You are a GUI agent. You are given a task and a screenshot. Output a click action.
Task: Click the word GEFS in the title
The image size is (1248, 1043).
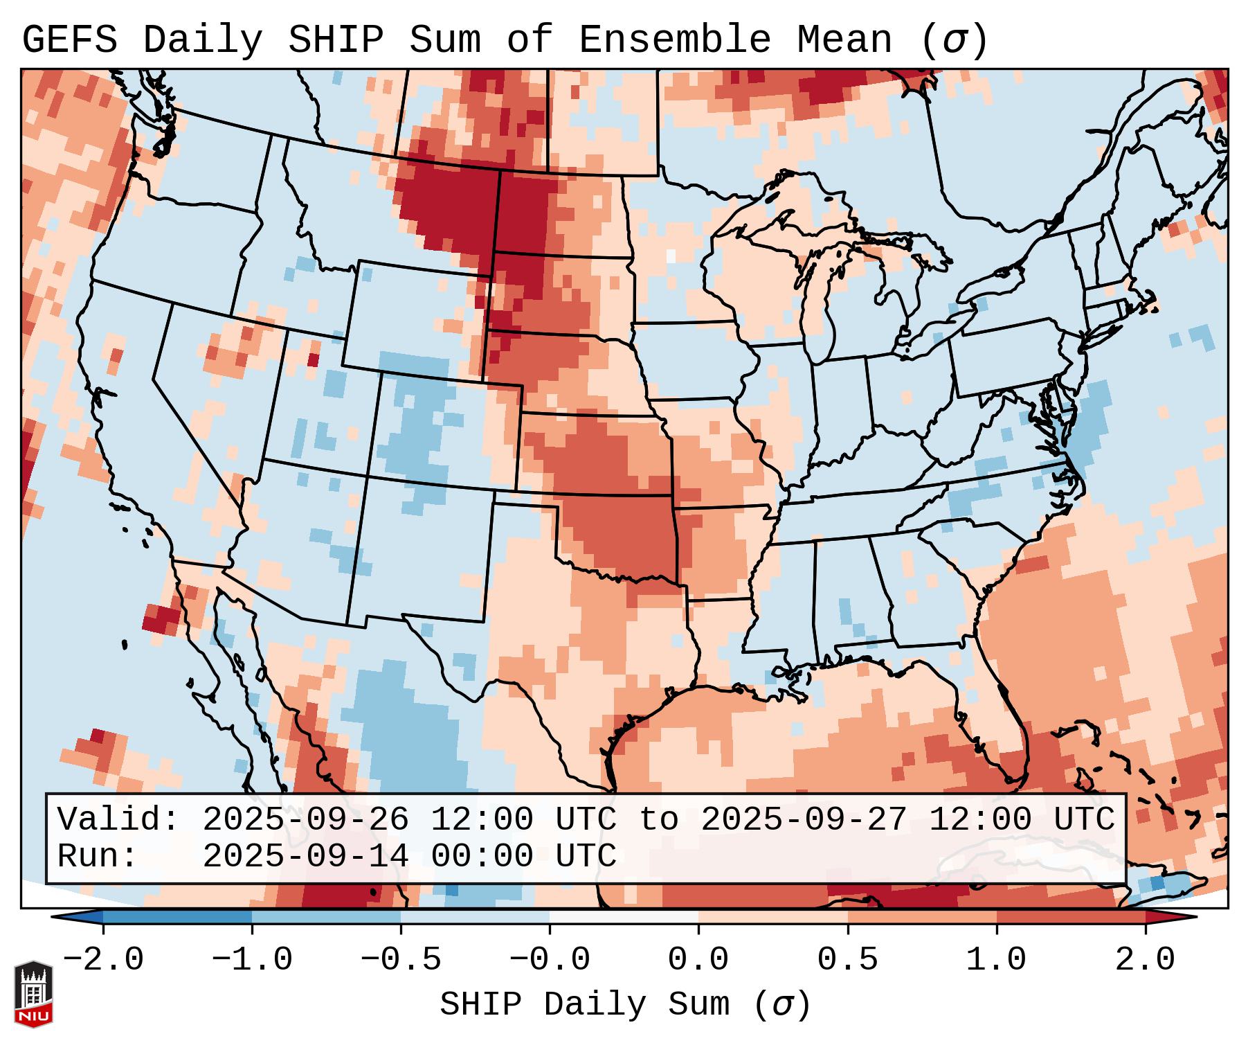[69, 40]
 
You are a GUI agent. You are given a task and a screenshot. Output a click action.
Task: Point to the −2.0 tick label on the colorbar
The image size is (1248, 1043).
[103, 960]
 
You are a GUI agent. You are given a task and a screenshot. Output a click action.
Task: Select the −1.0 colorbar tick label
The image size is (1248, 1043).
[252, 960]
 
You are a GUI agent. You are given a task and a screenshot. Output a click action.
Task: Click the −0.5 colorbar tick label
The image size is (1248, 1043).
[401, 960]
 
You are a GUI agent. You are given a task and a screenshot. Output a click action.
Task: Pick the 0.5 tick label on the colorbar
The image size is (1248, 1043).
[848, 960]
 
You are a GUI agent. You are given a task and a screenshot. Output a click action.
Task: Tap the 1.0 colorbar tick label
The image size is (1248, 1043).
[997, 960]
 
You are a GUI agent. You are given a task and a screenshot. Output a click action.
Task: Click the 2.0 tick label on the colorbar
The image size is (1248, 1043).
[1146, 960]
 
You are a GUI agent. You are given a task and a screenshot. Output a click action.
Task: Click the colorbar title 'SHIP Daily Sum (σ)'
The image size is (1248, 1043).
[624, 1005]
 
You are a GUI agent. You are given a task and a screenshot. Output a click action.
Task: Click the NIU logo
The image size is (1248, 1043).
[33, 994]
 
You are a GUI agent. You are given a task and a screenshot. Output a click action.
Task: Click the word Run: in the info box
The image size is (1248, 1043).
[98, 856]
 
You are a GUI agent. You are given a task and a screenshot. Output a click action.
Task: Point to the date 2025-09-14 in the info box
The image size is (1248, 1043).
[306, 856]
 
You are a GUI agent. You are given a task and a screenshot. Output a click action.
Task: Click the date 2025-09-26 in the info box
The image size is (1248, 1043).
[306, 820]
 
